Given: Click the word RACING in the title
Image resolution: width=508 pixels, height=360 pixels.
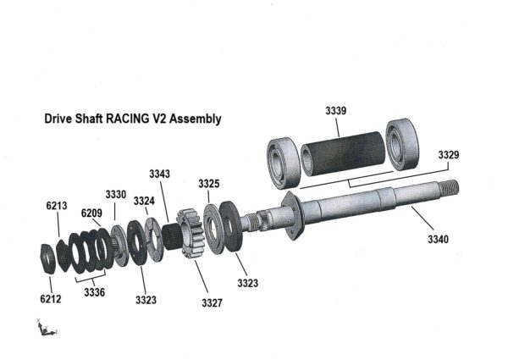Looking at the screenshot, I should click(128, 119).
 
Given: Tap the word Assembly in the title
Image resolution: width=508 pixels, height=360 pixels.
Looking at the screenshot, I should click(196, 119).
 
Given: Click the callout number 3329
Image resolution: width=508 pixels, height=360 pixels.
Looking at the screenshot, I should click(450, 155).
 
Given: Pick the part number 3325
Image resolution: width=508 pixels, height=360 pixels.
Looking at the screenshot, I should click(209, 184).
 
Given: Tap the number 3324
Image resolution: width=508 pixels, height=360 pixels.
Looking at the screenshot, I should click(144, 201).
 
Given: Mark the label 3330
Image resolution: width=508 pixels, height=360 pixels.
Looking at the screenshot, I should click(116, 194).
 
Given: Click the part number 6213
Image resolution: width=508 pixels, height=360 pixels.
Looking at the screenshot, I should click(57, 205).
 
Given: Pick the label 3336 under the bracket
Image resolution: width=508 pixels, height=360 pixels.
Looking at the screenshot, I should click(95, 292).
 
